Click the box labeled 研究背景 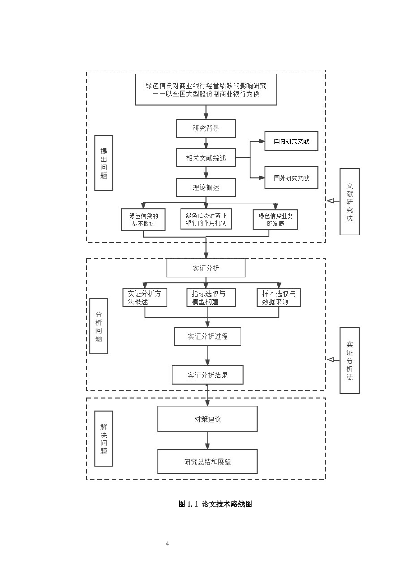206,128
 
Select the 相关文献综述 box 206,158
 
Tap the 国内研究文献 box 291,141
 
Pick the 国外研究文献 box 291,178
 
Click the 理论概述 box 206,187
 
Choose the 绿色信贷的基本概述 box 143,220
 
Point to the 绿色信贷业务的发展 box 275,220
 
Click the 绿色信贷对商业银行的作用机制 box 206,219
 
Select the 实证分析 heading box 206,268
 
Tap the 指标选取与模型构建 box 211,298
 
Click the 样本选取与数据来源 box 278,298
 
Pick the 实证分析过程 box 207,336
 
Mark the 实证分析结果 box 207,375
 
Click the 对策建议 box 207,419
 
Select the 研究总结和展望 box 207,462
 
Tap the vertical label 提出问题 104,163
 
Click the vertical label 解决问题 104,439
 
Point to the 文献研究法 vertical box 349,202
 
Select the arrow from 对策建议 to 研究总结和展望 207,441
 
